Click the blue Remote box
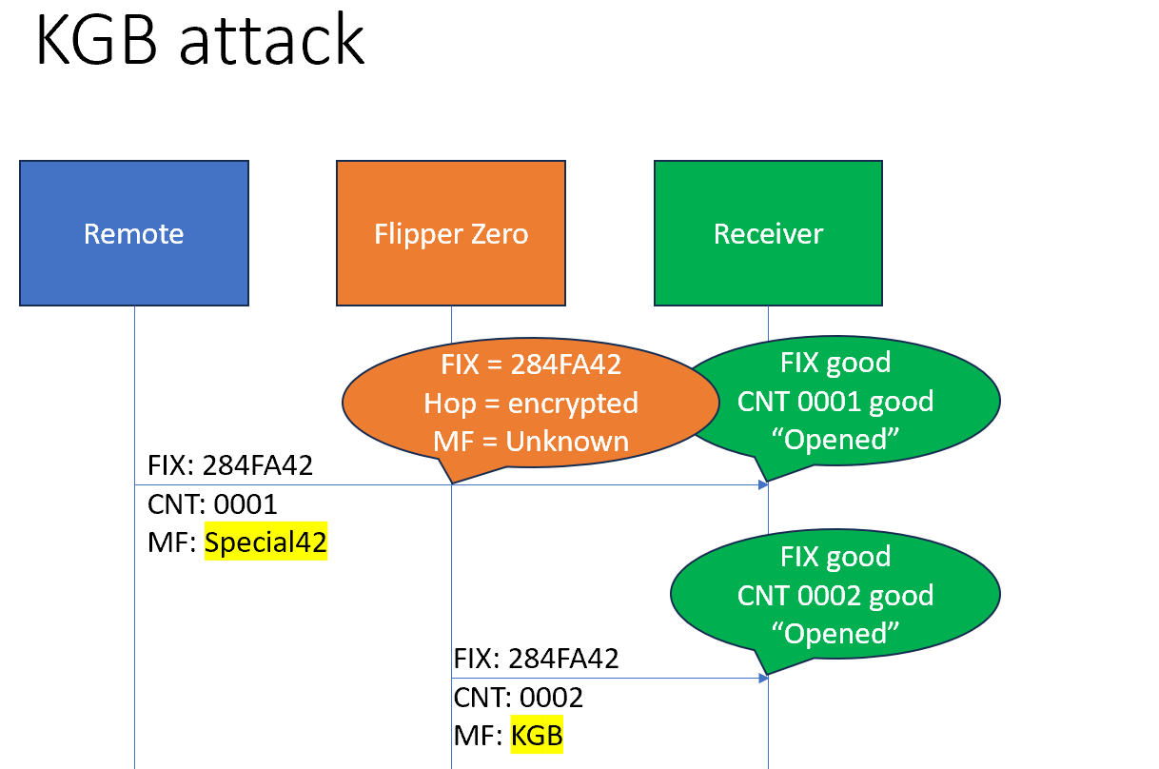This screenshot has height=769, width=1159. [x=133, y=233]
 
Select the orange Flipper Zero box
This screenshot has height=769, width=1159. [x=451, y=233]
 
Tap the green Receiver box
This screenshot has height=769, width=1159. [x=768, y=233]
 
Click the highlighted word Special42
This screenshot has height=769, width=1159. [x=265, y=542]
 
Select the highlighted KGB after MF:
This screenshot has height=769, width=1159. [x=537, y=736]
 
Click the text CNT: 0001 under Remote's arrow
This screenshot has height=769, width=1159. [x=212, y=504]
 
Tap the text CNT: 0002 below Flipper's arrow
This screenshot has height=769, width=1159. [x=518, y=698]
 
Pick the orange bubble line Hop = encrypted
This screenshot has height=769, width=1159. [x=530, y=403]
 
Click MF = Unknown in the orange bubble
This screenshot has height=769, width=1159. [x=530, y=441]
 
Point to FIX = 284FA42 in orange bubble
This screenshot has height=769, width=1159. [x=530, y=365]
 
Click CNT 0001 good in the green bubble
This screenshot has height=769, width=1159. [x=835, y=401]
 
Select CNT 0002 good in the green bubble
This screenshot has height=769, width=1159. [x=835, y=595]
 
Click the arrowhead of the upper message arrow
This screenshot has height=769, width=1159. [x=763, y=485]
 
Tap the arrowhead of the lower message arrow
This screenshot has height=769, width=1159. [x=763, y=678]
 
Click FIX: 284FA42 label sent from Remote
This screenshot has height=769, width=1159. [x=229, y=465]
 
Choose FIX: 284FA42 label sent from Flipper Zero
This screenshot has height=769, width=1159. [x=536, y=659]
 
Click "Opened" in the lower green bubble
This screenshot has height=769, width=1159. [x=835, y=633]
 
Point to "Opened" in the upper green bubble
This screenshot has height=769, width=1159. [x=835, y=439]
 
